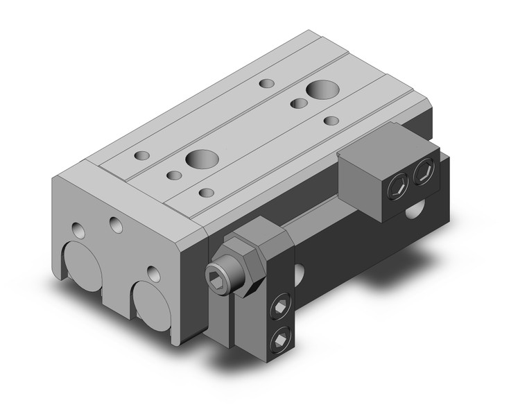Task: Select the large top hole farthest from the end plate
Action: point(320,89)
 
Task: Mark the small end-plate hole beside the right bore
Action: point(153,271)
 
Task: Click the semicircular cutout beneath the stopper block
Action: point(419,208)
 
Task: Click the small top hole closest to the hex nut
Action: point(205,192)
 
